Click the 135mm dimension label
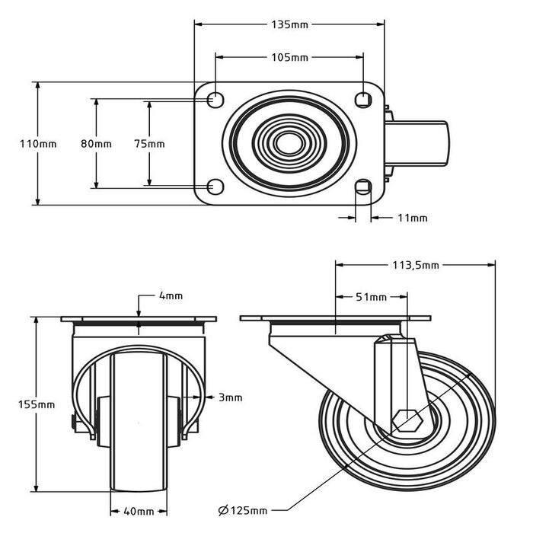click(x=289, y=24)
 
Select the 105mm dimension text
click(x=289, y=57)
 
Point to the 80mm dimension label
click(x=97, y=144)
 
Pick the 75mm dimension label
click(x=149, y=144)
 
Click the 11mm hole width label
click(x=413, y=219)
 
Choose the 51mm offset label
click(x=371, y=297)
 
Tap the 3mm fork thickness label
click(x=231, y=397)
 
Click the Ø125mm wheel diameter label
click(x=243, y=509)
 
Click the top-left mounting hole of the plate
click(x=215, y=100)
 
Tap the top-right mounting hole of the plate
click(x=364, y=99)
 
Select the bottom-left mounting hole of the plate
click(x=215, y=187)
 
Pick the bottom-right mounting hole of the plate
click(x=364, y=187)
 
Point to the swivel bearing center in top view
click(x=289, y=143)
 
